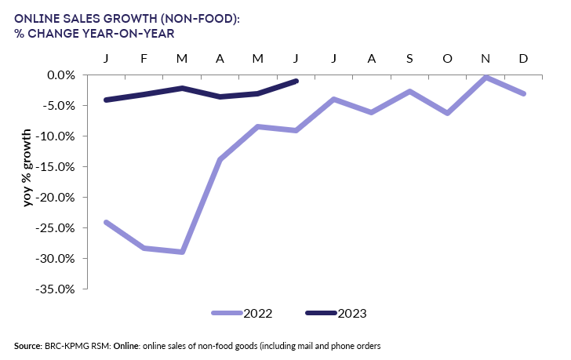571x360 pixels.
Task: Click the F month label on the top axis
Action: coord(144,59)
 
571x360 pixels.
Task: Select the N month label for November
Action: coord(486,59)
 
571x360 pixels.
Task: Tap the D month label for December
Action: coord(524,59)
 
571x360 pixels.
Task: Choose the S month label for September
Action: coord(409,59)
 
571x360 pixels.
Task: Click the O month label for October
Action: coord(447,59)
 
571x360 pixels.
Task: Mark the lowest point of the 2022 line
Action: coord(182,252)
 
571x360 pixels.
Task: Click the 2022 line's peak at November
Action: coord(486,77)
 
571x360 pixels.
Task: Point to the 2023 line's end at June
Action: coord(296,81)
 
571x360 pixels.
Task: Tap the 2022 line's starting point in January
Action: coord(106,222)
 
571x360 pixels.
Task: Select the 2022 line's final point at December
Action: coord(524,93)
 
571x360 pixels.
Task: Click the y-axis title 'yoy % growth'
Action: coord(27,168)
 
